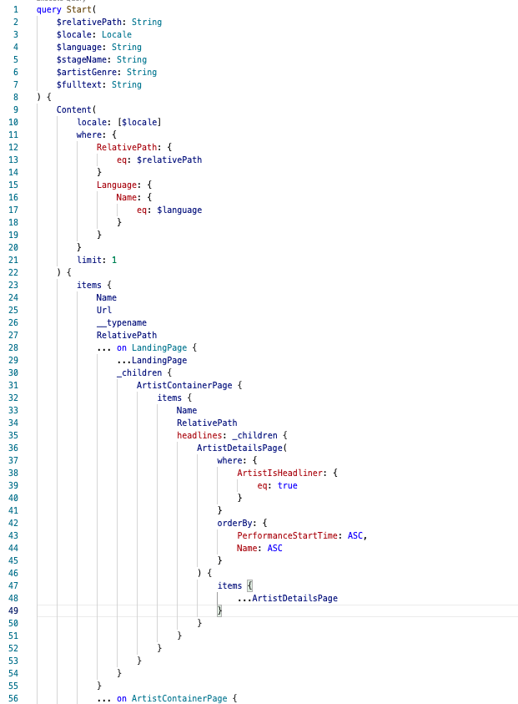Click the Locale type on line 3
pos(116,34)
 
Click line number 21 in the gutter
pos(13,260)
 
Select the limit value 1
pos(114,260)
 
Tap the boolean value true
pos(287,485)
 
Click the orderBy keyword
pos(238,523)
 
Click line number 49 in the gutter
pos(13,610)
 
